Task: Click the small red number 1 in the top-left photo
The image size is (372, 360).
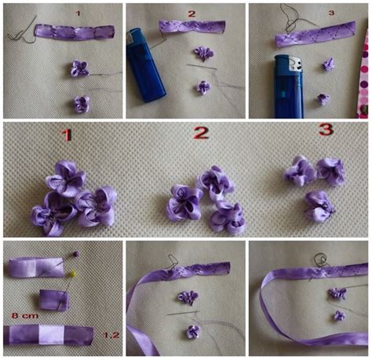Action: [x=78, y=13]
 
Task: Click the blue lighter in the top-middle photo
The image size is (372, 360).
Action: [x=146, y=70]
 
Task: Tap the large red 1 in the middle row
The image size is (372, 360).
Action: [x=67, y=136]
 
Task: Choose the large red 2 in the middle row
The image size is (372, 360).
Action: [x=202, y=133]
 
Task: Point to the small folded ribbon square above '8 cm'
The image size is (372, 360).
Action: [x=54, y=299]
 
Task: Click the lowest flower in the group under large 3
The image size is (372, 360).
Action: [x=320, y=205]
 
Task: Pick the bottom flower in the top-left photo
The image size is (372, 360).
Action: [x=80, y=103]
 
